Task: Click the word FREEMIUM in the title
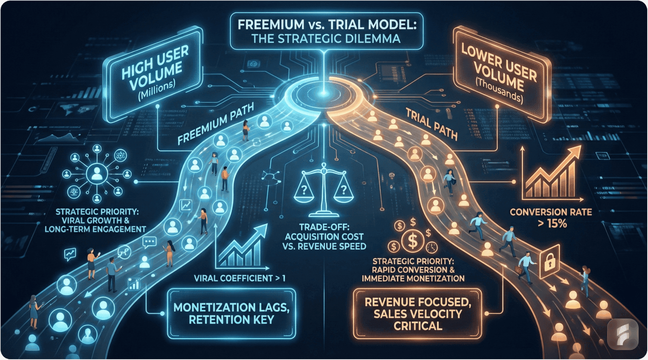(271, 25)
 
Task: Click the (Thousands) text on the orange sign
(499, 93)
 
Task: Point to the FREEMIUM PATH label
(216, 123)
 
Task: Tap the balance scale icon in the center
(323, 190)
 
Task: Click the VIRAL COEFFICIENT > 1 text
(240, 278)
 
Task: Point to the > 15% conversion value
(552, 223)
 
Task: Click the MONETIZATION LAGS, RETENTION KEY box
(231, 313)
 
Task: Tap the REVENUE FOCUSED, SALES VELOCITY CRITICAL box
(418, 313)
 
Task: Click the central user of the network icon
(96, 174)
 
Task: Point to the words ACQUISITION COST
(324, 237)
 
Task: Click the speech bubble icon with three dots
(149, 242)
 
